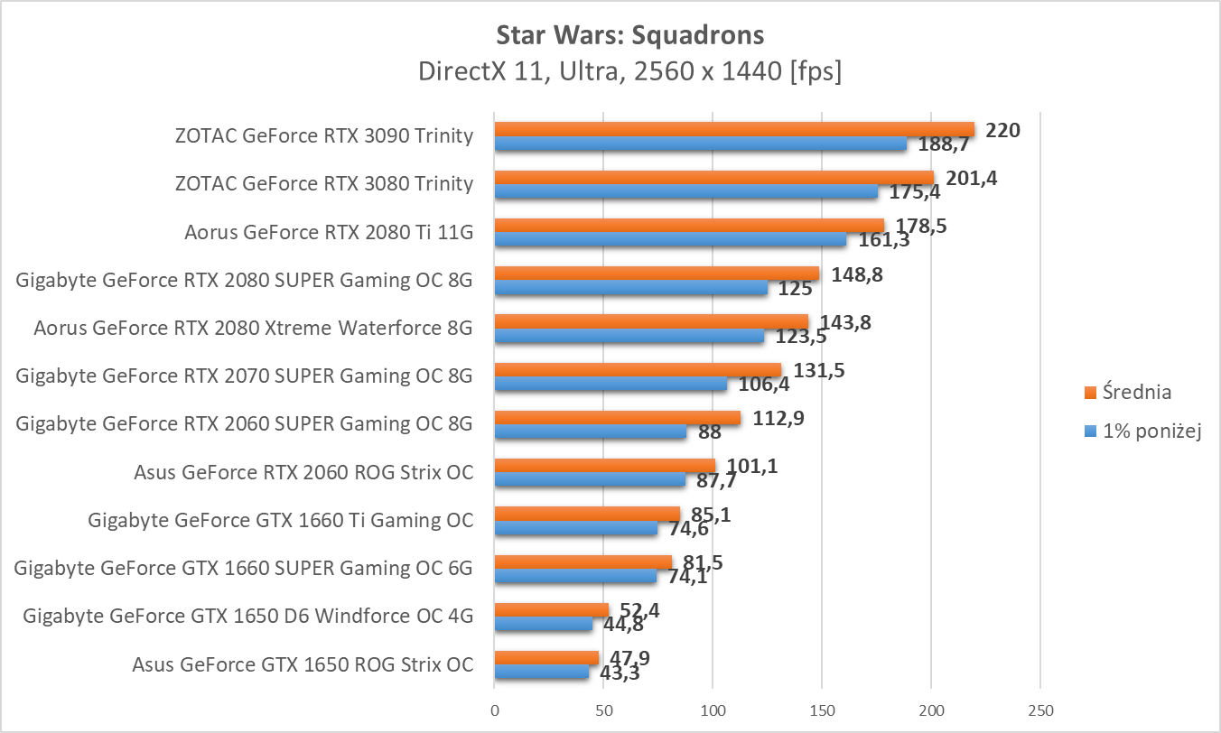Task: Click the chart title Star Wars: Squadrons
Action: [x=629, y=35]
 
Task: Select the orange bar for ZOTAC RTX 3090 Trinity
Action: [x=734, y=129]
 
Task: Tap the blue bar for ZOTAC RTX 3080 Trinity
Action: [x=686, y=191]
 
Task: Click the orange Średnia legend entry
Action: [x=1128, y=392]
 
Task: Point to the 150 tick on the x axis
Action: [x=822, y=710]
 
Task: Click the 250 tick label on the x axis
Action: [x=1040, y=710]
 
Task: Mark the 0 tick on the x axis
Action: [x=494, y=710]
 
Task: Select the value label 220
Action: [x=1002, y=130]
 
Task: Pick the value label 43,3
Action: [x=620, y=673]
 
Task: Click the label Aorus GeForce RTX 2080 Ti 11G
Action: [x=328, y=232]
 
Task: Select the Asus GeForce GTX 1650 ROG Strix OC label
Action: [x=303, y=665]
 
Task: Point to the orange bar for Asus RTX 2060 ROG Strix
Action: [x=604, y=466]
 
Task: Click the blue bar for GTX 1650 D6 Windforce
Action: [x=543, y=624]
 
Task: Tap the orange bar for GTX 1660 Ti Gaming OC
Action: [x=587, y=514]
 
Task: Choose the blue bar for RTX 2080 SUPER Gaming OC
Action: [x=630, y=288]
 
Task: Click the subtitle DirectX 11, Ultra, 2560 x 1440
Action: [x=629, y=71]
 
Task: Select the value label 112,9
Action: [x=772, y=418]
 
